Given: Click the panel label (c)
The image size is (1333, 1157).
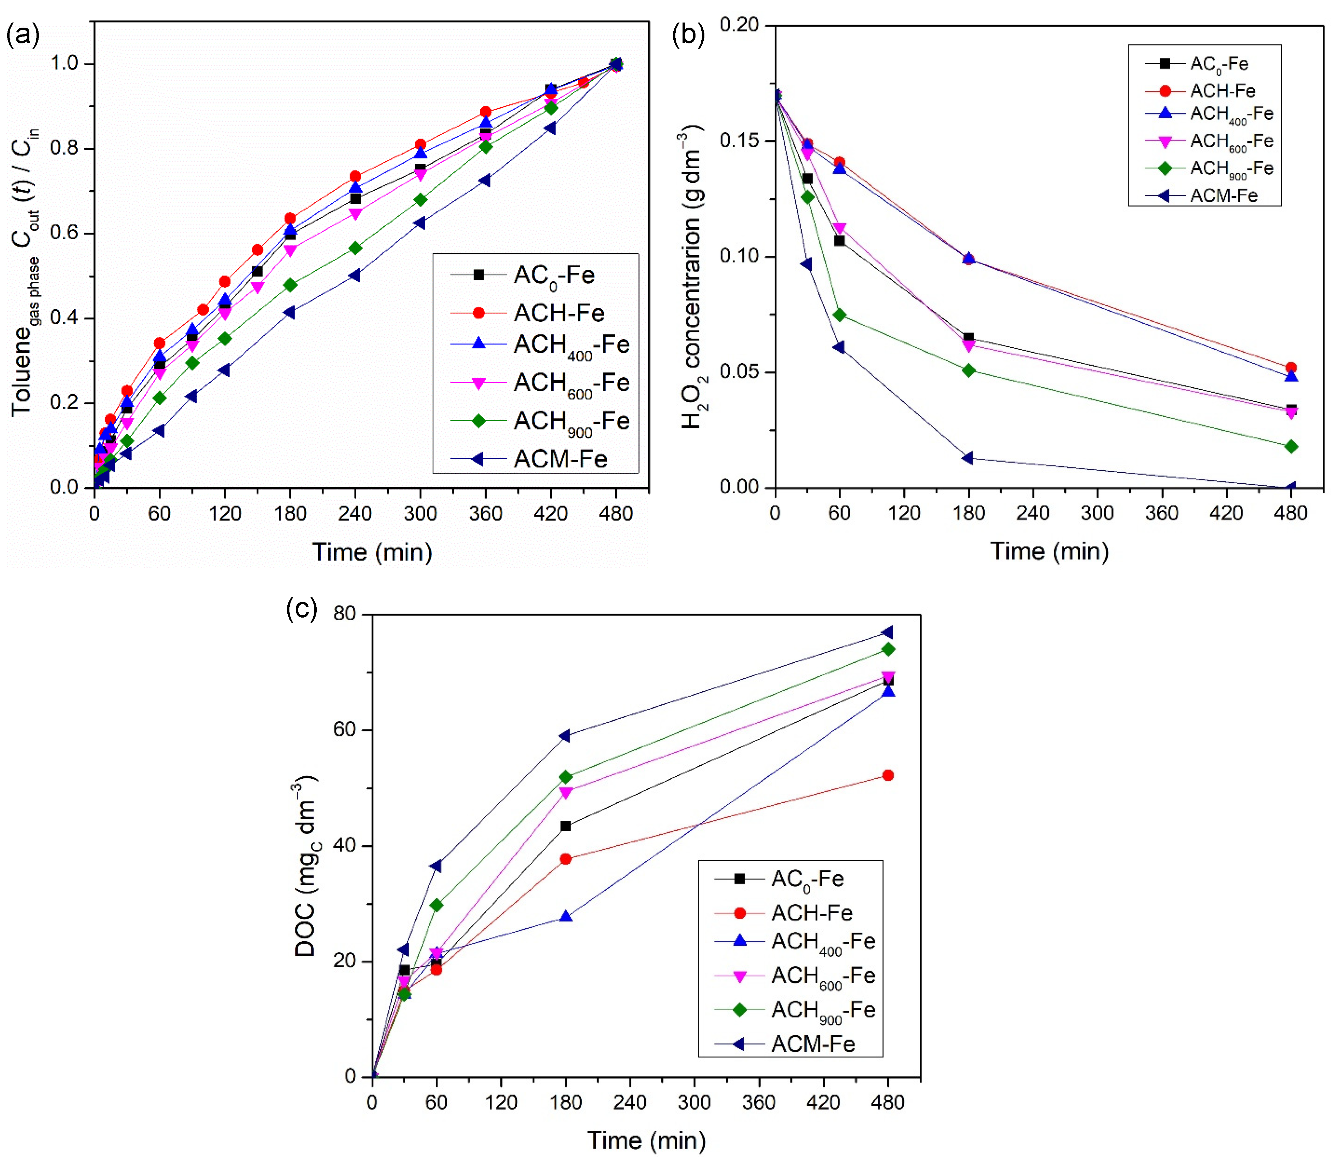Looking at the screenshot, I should coord(301,609).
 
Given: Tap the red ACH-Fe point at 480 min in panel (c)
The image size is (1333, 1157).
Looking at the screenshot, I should coord(888,775).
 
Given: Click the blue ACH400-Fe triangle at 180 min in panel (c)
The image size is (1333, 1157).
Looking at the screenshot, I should coord(565,916).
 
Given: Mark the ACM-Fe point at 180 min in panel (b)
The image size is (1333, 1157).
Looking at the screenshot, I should coord(967,458).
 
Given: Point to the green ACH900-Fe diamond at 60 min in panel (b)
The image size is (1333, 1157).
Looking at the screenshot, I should coord(839,315).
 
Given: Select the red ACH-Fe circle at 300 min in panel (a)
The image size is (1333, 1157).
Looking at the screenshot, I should coord(420,145).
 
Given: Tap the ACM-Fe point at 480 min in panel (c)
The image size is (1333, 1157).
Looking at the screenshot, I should coord(888,632).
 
